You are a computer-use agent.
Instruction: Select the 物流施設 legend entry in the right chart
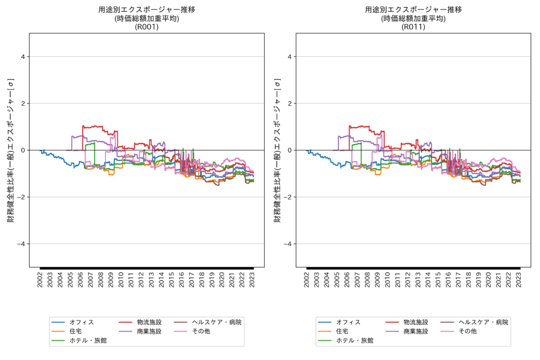coord(416,322)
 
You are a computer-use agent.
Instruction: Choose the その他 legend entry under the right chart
coord(467,331)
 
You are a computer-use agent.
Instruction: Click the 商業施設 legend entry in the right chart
coord(416,331)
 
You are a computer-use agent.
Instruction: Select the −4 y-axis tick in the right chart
coord(288,244)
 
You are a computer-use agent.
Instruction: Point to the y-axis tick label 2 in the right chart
coord(290,104)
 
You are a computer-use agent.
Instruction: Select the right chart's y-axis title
coord(277,150)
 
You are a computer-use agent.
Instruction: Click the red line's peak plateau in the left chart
coord(93,127)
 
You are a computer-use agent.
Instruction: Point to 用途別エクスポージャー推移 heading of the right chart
coord(413,9)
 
